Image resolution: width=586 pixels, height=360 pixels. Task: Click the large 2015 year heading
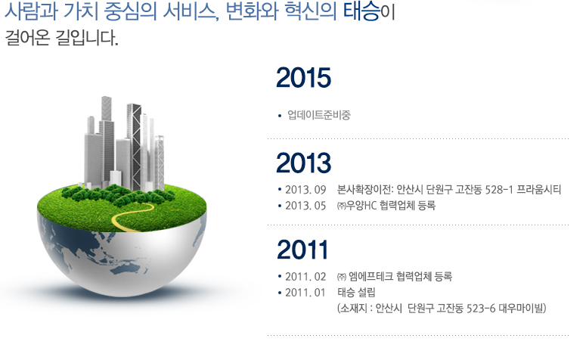(x=303, y=77)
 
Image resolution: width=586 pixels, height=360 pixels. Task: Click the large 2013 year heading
(x=303, y=163)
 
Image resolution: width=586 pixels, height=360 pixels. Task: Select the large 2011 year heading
(x=302, y=250)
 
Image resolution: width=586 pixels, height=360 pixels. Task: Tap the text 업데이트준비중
(x=319, y=115)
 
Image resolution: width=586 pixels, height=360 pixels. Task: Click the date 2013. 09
(x=305, y=190)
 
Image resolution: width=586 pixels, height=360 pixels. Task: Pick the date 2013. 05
(x=305, y=206)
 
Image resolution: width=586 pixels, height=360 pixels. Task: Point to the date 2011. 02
(x=305, y=277)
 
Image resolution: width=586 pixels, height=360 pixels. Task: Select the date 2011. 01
(x=305, y=293)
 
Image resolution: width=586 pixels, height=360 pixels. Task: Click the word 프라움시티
(x=539, y=190)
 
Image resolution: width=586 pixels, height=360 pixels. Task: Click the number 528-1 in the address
(x=499, y=190)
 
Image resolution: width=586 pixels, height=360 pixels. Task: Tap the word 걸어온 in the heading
(x=27, y=38)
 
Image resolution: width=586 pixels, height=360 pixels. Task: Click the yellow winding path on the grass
(x=132, y=218)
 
